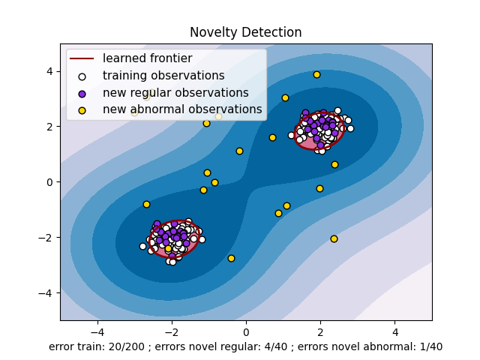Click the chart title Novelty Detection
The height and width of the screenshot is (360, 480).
pyautogui.click(x=245, y=32)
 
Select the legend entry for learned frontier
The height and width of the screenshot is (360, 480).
pyautogui.click(x=147, y=58)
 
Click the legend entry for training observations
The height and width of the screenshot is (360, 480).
pyautogui.click(x=163, y=76)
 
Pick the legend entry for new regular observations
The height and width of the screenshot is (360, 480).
pyautogui.click(x=175, y=93)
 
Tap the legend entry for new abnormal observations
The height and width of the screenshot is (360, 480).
pyautogui.click(x=182, y=109)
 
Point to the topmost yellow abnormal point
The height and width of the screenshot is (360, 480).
pyautogui.click(x=316, y=74)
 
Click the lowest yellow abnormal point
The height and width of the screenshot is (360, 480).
pyautogui.click(x=231, y=258)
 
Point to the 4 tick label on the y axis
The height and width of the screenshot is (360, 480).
pyautogui.click(x=51, y=71)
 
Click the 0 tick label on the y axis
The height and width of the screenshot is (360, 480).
pyautogui.click(x=51, y=182)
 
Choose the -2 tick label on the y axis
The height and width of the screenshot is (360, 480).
pyautogui.click(x=48, y=238)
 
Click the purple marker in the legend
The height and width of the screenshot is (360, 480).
pyautogui.click(x=82, y=93)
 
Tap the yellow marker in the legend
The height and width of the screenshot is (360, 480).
pyautogui.click(x=82, y=109)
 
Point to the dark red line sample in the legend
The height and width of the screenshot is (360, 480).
pyautogui.click(x=82, y=58)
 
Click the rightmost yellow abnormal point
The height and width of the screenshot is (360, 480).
pyautogui.click(x=334, y=164)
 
